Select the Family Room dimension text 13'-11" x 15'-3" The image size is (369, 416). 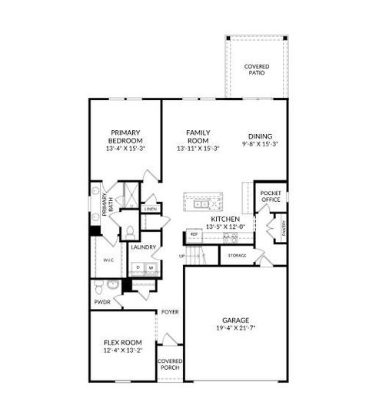198,148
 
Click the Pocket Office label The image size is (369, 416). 270,196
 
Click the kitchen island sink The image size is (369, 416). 215,201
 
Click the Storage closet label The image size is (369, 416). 238,254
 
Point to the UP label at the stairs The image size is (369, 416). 182,256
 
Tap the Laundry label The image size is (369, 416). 143,247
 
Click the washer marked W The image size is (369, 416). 151,268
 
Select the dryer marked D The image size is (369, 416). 138,268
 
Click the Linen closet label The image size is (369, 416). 151,209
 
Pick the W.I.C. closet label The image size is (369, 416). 108,260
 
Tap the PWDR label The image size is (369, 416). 103,303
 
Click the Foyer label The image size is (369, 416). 170,312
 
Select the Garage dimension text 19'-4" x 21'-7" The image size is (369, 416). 237,328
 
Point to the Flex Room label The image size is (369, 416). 123,342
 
